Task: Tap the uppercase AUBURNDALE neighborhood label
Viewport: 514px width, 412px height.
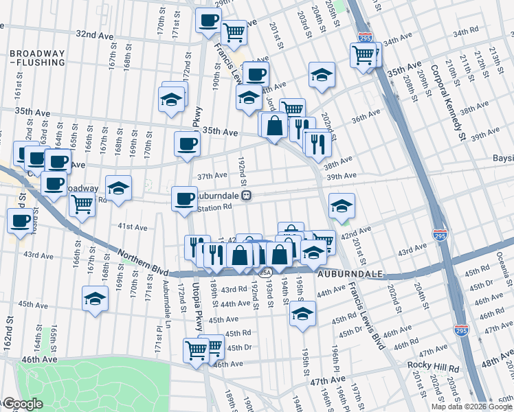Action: coord(350,273)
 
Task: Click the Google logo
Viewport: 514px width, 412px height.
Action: coord(22,404)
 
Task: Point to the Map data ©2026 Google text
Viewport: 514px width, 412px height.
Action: coord(472,407)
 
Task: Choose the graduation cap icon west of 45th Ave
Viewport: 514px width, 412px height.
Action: coord(96,299)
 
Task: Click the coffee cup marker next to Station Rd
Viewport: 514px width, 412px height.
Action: coord(184,198)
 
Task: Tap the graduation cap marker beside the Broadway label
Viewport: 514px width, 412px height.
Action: coord(119,188)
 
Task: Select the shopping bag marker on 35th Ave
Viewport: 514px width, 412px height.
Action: coord(274,126)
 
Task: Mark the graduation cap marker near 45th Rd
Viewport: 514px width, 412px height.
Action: coord(302,314)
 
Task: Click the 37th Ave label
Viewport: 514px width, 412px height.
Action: coord(212,176)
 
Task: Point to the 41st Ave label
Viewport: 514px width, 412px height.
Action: coord(133,227)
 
